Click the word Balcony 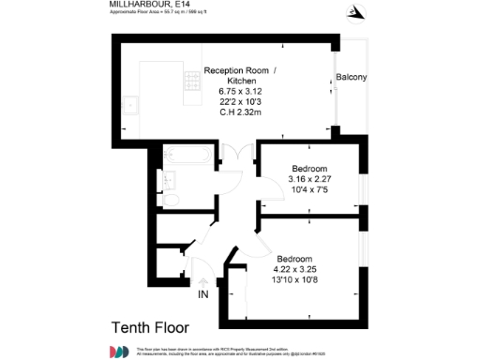(x=352, y=76)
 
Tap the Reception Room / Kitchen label (x=241, y=76)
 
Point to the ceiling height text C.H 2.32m (x=240, y=112)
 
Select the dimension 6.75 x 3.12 (x=240, y=91)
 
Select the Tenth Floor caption (x=150, y=327)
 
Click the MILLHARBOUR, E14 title (x=138, y=5)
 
